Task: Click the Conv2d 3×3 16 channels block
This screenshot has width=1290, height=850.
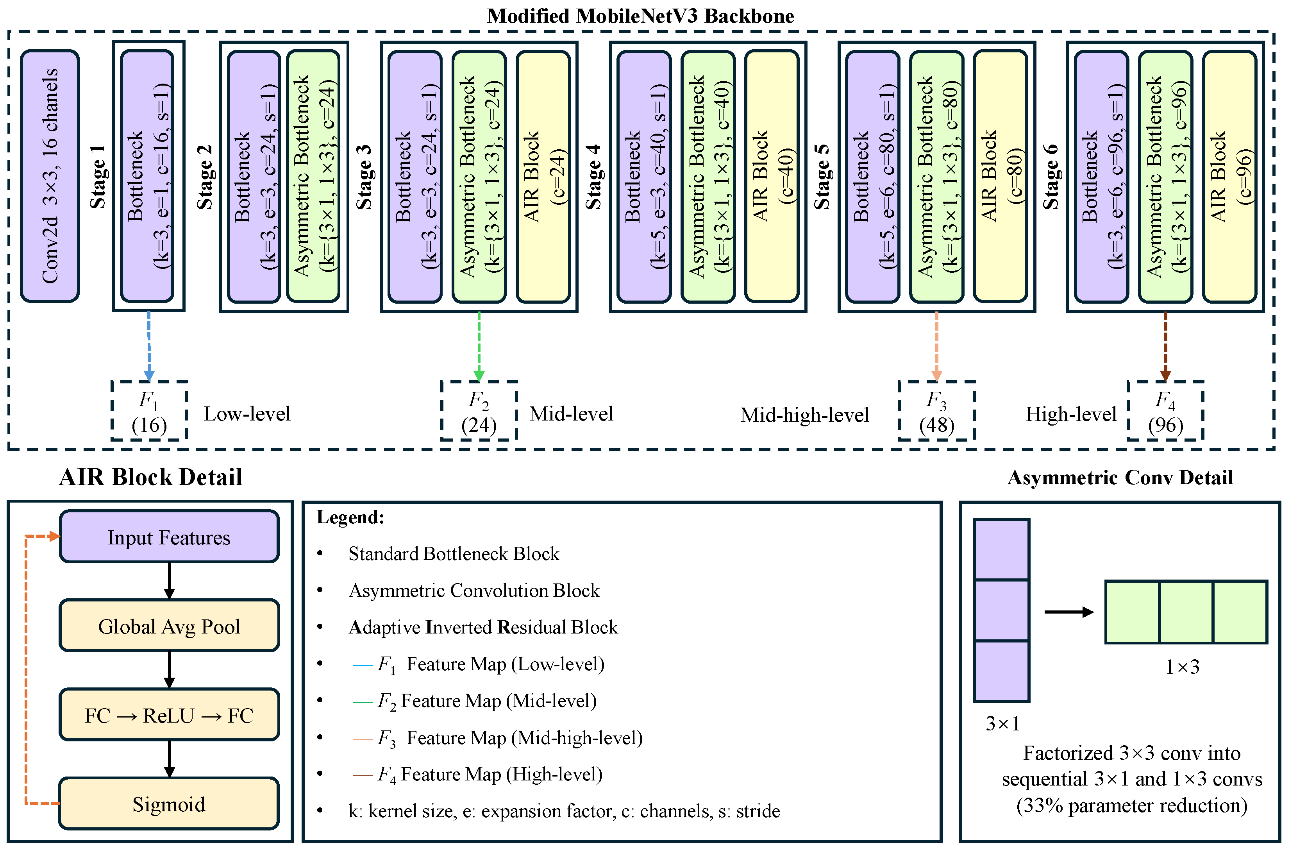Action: tap(50, 176)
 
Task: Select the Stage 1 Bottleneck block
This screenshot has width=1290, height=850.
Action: tap(147, 176)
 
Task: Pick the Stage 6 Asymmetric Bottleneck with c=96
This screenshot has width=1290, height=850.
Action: tap(1166, 176)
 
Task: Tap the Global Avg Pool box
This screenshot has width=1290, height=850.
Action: tap(169, 626)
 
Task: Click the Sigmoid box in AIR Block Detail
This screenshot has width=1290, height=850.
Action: tap(169, 804)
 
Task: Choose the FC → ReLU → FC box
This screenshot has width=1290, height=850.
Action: tap(169, 716)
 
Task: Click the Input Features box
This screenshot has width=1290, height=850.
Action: tap(169, 537)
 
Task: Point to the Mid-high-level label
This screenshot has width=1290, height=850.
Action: tap(804, 415)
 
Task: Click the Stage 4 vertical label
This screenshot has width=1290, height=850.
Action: tap(593, 177)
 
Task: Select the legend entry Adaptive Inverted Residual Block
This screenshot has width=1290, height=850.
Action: tap(483, 627)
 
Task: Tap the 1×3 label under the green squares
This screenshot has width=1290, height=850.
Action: tap(1182, 667)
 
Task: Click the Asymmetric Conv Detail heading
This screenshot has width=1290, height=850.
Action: tap(1120, 478)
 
